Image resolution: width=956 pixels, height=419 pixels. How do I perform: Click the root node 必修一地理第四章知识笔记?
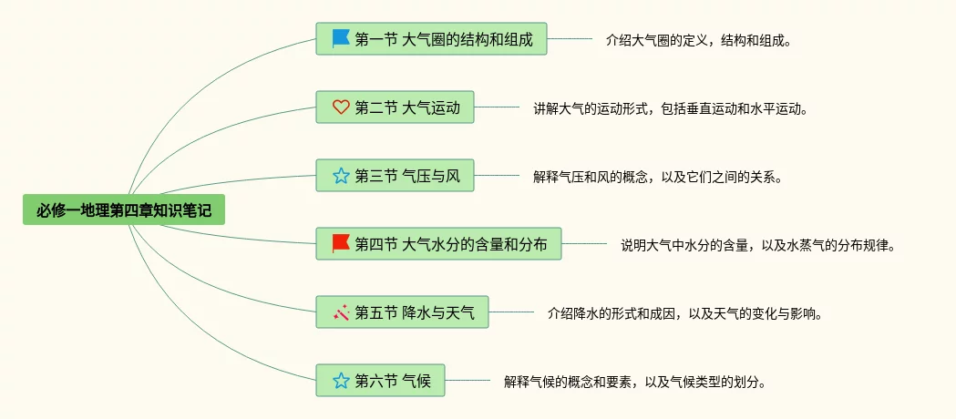coord(124,210)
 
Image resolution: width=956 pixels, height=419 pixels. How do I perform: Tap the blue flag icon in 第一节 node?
coord(341,38)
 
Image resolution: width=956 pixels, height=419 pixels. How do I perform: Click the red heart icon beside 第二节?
coord(341,107)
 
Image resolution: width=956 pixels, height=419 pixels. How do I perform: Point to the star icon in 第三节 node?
coord(341,176)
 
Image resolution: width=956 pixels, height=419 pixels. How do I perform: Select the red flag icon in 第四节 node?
coord(341,243)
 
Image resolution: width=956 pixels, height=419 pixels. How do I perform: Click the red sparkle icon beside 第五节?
coord(341,312)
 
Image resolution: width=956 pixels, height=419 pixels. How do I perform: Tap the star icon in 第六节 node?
coord(341,381)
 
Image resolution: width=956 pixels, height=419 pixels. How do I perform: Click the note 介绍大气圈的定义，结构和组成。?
coord(697,40)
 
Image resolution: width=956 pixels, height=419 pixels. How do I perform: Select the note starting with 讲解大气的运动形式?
coord(671,108)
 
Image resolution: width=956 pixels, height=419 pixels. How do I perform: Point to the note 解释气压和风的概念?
coord(658,177)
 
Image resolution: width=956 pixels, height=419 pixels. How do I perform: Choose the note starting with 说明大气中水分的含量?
coord(758,244)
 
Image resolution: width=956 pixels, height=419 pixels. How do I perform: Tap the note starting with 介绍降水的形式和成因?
coord(685,313)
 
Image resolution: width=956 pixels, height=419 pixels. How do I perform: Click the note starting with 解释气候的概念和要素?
coord(634,382)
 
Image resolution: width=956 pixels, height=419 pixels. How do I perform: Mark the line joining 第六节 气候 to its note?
coord(468,381)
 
